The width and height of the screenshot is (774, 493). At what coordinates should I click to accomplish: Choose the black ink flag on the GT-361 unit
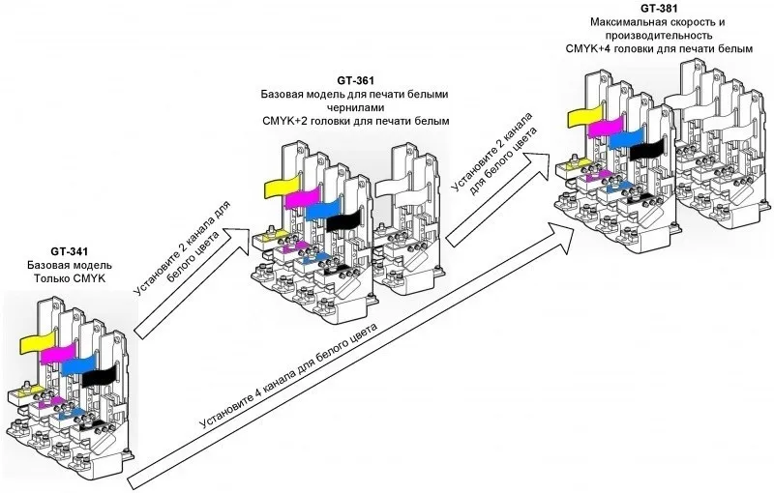pyautogui.click(x=342, y=221)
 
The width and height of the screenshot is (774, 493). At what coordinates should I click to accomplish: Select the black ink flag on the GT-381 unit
pyautogui.click(x=647, y=148)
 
